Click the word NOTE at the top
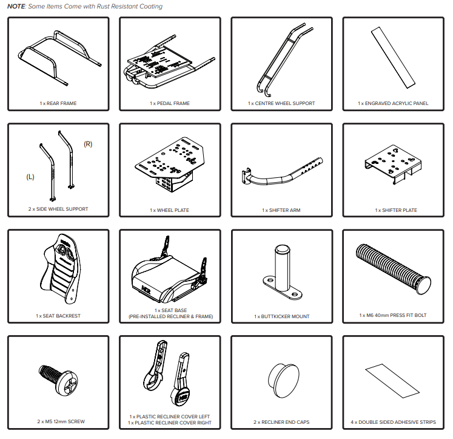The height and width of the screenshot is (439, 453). (16, 6)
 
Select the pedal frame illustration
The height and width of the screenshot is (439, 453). (170, 62)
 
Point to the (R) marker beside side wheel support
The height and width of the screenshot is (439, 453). (88, 144)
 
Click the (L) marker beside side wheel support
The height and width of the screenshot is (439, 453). (30, 177)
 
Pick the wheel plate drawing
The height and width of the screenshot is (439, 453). (170, 165)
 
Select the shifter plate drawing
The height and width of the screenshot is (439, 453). (393, 164)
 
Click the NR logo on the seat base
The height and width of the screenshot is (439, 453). (146, 290)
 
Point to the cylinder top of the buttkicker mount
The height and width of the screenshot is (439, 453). (282, 249)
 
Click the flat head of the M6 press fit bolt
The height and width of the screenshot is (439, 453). (423, 285)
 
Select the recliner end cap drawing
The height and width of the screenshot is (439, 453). (283, 381)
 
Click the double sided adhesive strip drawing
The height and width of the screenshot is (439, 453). (392, 381)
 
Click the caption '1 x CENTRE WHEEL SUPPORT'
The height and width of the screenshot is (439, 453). (281, 103)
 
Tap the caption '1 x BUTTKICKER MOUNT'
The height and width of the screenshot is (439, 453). (281, 316)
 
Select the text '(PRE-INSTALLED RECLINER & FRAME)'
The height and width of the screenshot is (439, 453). (171, 316)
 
